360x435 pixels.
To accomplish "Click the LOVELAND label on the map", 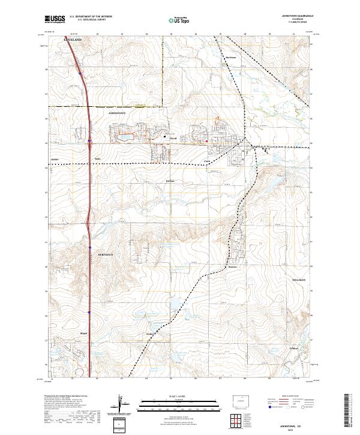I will coord(72,39).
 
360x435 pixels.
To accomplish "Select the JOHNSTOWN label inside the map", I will coord(118,112).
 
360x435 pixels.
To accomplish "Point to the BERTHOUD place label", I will coord(106,254).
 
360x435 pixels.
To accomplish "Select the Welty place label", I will coord(149,334).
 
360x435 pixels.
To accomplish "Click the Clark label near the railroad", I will coord(207,161).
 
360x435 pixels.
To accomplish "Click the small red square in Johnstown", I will coord(206,142).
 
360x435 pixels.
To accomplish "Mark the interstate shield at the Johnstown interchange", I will coord(89,142).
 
